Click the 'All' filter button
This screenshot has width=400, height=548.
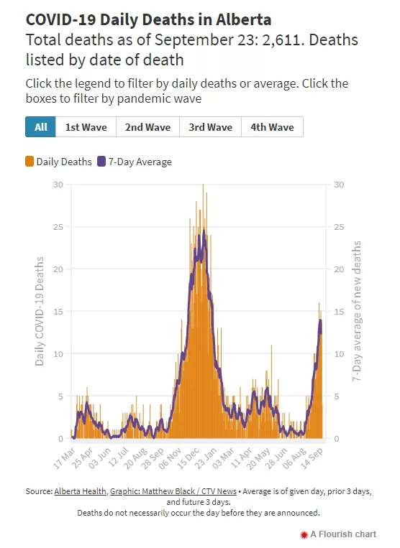pos(40,127)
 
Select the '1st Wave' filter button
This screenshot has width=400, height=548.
pos(86,127)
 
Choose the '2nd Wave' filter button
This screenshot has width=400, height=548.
pos(147,127)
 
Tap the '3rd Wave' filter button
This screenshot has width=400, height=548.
pos(210,127)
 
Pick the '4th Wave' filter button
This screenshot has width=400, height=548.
pos(272,127)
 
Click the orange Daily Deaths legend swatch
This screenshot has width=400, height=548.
pos(29,162)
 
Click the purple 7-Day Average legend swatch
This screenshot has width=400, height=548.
pos(101,162)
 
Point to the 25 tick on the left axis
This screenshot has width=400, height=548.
pos(58,227)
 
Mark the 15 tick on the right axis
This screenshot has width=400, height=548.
pos(339,312)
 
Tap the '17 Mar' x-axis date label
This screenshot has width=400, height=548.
pos(65,458)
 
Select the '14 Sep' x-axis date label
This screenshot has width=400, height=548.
pos(312,458)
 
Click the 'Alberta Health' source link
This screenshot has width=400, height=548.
pos(80,491)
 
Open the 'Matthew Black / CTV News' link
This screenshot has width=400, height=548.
pos(173,491)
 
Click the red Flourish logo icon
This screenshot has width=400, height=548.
pos(304,534)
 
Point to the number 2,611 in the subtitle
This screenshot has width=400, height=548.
pos(281,40)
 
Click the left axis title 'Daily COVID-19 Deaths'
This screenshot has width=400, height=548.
pos(40,312)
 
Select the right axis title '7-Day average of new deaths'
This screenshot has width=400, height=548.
pos(357,311)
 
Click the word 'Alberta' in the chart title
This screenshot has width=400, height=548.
pos(244,19)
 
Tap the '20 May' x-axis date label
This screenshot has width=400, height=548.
pos(259,458)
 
